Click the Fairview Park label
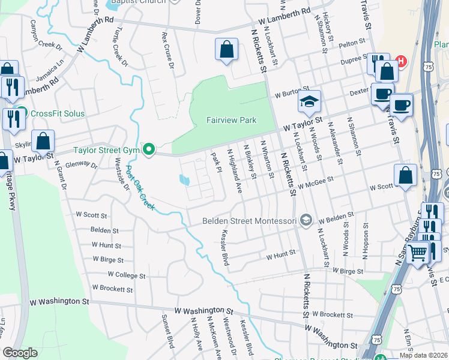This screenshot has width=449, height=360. (x=231, y=120)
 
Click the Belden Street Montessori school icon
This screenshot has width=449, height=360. (x=307, y=221)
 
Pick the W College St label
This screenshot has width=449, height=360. (x=126, y=275)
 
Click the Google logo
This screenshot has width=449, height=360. (x=20, y=353)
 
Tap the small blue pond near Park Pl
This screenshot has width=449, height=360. (x=185, y=179)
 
